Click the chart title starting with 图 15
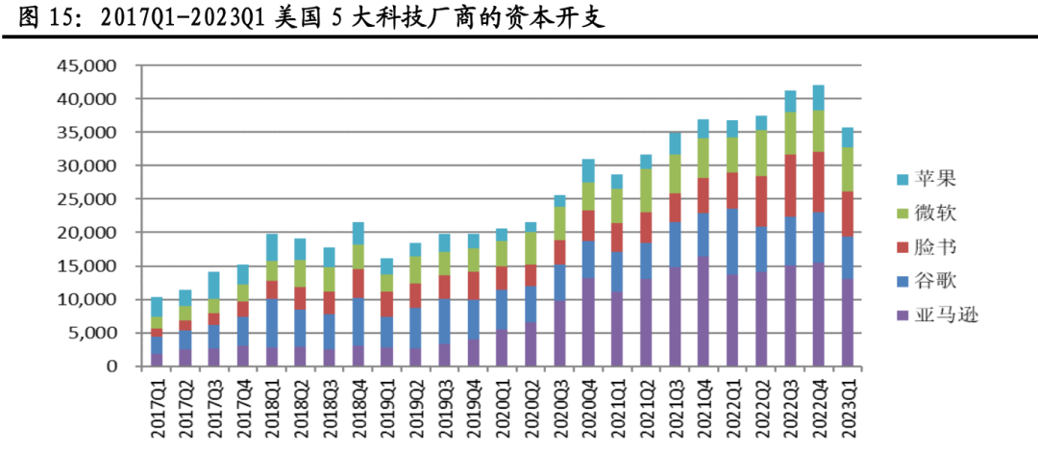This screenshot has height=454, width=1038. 311,17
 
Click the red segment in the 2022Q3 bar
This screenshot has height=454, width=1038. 790,186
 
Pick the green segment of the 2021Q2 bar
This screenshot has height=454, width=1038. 646,190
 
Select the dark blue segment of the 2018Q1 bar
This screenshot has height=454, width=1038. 272,323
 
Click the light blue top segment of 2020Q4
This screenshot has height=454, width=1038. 588,170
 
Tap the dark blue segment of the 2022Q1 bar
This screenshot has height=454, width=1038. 732,241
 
